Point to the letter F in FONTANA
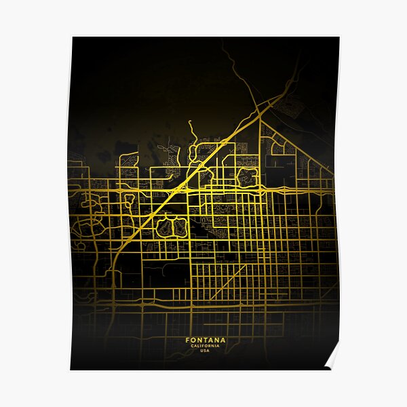(187, 340)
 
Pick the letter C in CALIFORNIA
(192, 346)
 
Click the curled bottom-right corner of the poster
(331, 360)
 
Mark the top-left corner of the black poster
(73, 38)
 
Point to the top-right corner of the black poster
(338, 38)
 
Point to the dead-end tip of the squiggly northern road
(189, 123)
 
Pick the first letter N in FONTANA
(199, 340)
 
